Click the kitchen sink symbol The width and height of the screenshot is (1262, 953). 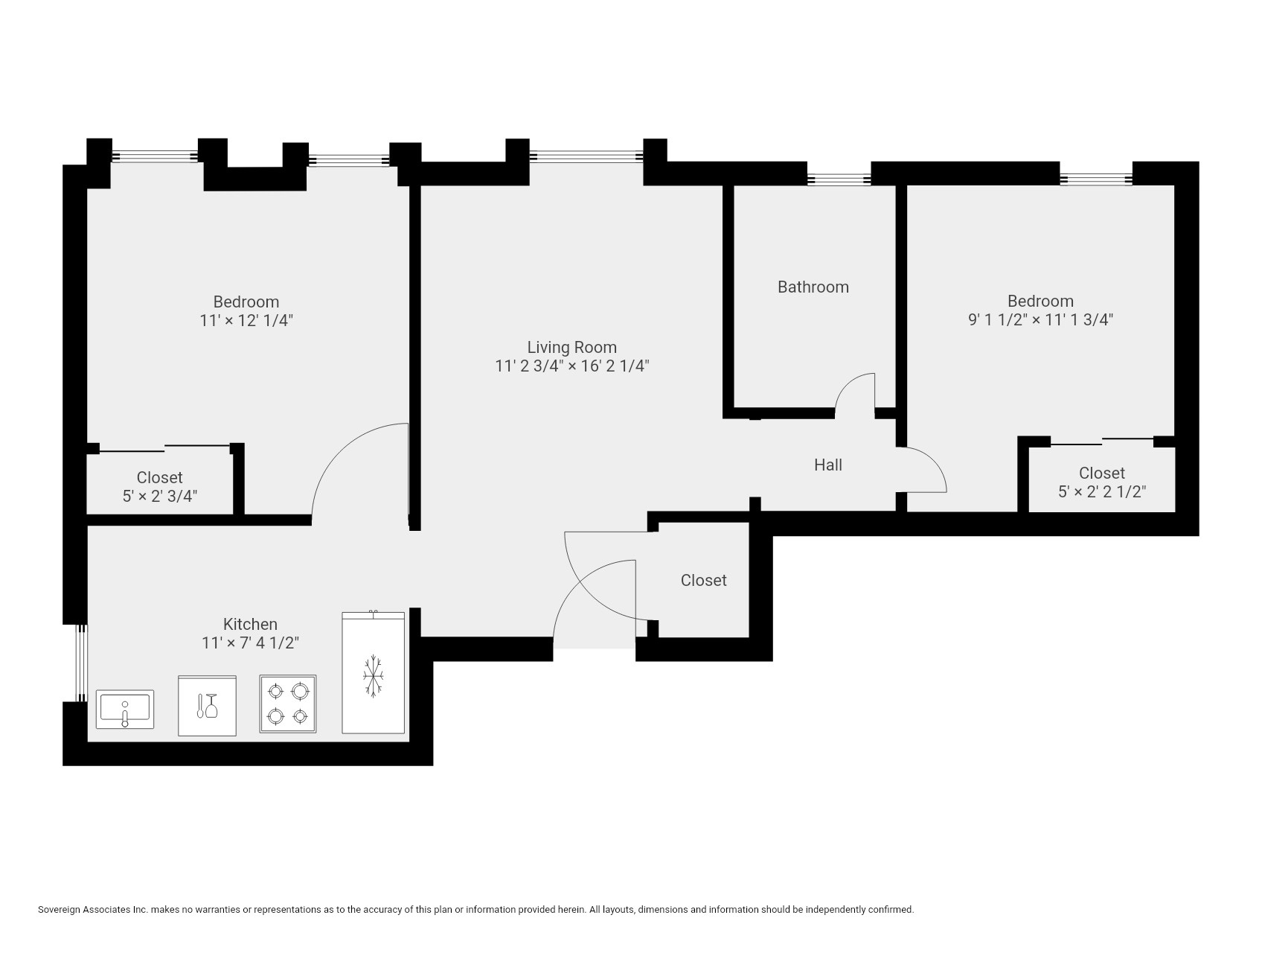(125, 709)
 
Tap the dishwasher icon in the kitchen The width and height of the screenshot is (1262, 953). (207, 706)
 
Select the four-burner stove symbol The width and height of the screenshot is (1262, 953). (288, 704)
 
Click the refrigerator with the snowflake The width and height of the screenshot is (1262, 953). (374, 674)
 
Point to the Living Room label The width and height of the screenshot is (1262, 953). (571, 347)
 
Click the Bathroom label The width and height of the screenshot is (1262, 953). (813, 287)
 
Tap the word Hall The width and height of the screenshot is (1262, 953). (827, 465)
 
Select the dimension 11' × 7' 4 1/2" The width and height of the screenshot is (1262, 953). (250, 643)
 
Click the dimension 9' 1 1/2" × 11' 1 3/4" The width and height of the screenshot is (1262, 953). (1040, 320)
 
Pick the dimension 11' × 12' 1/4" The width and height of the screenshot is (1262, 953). (246, 321)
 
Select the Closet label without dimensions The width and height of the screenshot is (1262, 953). (703, 580)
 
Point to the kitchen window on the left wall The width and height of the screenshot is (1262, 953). (82, 663)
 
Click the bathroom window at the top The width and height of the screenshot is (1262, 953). (839, 179)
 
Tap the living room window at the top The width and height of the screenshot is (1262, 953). (586, 156)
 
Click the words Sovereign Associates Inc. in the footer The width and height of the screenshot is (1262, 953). (92, 909)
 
